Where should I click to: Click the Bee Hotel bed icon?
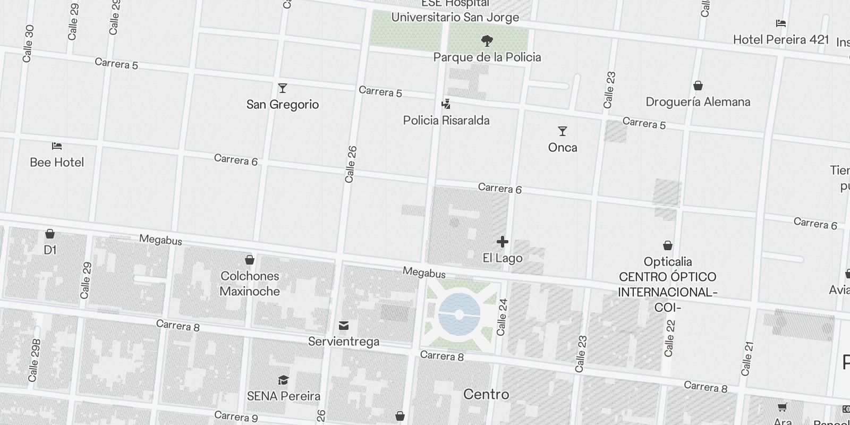tap(57, 146)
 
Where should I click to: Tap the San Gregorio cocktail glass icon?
tap(283, 88)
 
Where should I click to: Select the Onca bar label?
tap(563, 148)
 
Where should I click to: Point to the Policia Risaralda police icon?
tap(446, 104)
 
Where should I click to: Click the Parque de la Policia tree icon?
tap(487, 40)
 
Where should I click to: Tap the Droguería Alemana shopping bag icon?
tap(698, 86)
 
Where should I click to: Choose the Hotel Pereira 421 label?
tap(780, 40)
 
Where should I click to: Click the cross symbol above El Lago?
tap(502, 242)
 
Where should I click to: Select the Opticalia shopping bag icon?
tap(668, 245)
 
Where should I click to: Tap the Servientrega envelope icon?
tap(344, 325)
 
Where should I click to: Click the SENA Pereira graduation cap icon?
tap(283, 380)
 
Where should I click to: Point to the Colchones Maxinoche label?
tap(250, 284)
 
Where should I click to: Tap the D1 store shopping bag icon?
tap(50, 234)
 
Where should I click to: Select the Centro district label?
tap(486, 394)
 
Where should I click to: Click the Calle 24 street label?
tap(502, 317)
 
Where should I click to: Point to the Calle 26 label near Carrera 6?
tap(350, 165)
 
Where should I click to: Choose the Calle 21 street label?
tap(747, 358)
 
